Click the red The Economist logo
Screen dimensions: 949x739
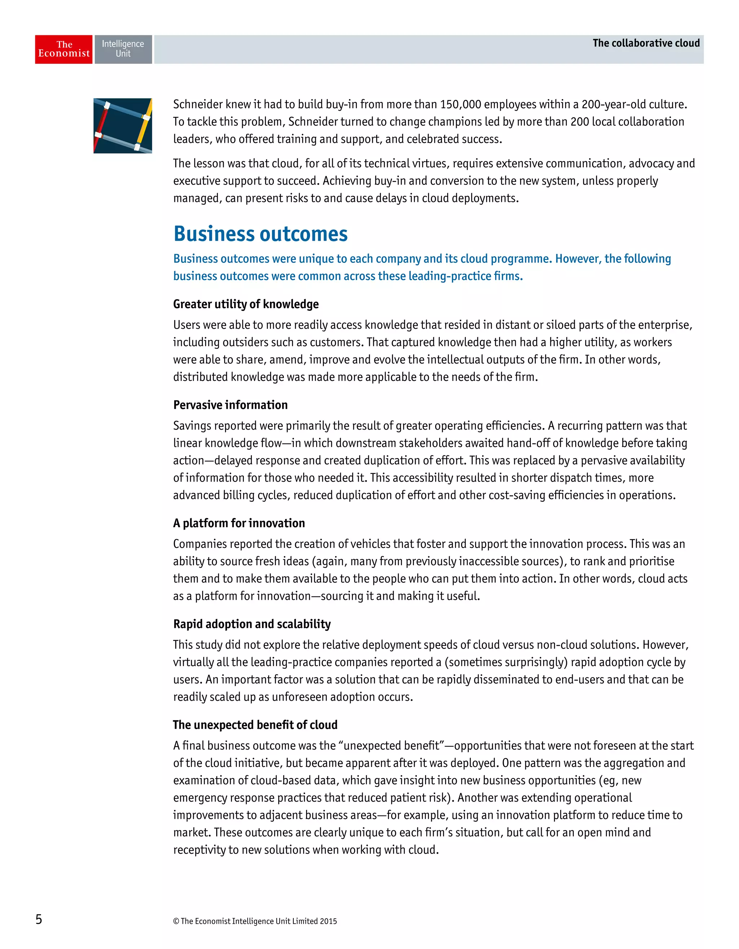pyautogui.click(x=64, y=49)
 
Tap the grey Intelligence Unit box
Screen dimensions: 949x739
pyautogui.click(x=123, y=49)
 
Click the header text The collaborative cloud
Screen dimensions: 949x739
pyautogui.click(x=646, y=43)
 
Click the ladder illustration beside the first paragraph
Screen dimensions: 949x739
pyautogui.click(x=123, y=125)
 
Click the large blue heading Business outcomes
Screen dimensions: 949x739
pyautogui.click(x=260, y=234)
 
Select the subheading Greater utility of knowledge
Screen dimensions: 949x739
pyautogui.click(x=246, y=304)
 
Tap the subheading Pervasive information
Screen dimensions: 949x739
pyautogui.click(x=230, y=405)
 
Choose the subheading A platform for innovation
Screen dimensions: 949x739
pyautogui.click(x=239, y=523)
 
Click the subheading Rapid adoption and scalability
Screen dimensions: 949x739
pyautogui.click(x=252, y=624)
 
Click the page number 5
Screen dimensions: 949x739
pyautogui.click(x=39, y=919)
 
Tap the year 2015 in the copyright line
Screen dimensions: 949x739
pyautogui.click(x=328, y=921)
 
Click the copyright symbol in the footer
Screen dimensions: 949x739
pyautogui.click(x=176, y=921)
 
